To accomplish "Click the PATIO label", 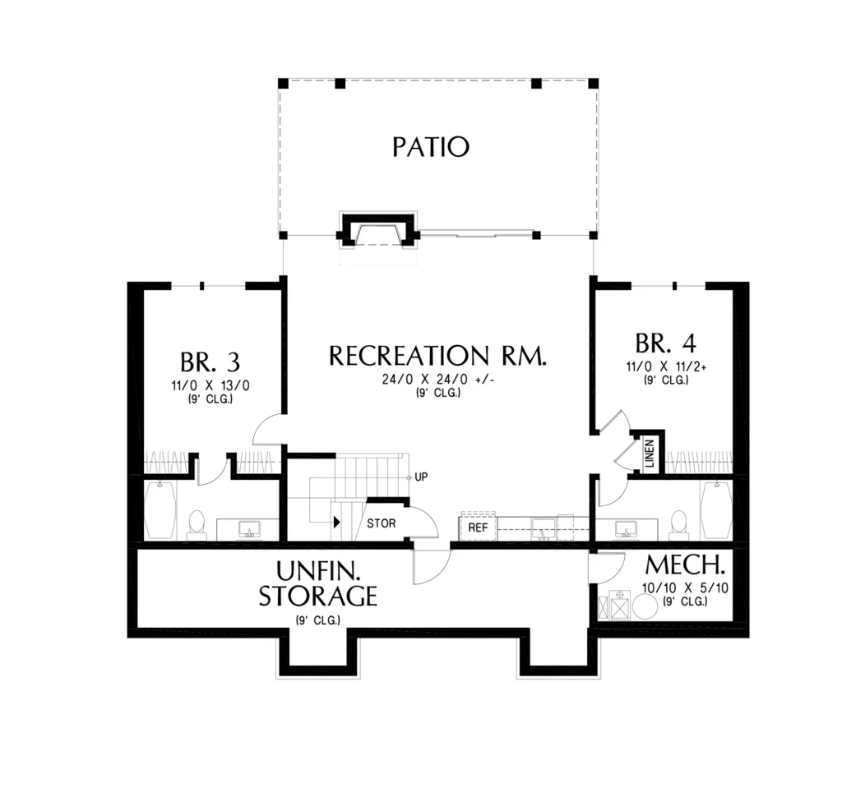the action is coord(431,147).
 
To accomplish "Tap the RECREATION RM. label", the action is coord(437,355).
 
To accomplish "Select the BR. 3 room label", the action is coord(210,362).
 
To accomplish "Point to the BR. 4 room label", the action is coord(665,343).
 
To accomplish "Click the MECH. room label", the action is coord(685,564).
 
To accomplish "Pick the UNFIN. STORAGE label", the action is coord(318,583).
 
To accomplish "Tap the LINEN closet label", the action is coord(650,453).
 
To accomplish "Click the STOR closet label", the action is coord(382,523).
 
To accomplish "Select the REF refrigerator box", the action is coord(478,527).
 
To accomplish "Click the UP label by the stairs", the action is coord(421,477).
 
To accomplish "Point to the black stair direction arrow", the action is coord(336,522).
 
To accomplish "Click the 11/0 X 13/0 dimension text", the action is coord(210,386).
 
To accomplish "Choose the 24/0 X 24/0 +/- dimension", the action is coord(437,380).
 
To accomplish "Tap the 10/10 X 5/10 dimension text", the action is coord(685,587).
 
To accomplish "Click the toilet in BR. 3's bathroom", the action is coord(196,525).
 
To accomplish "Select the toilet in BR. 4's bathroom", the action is coord(679,525).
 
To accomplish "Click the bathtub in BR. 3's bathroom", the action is coord(160,510).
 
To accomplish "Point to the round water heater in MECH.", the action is coord(645,606).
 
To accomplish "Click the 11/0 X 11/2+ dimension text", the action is coord(666,367).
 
